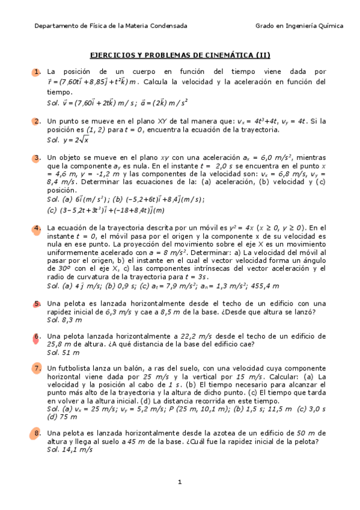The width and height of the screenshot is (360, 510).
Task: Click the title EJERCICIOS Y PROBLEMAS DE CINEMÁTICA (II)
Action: (x=180, y=55)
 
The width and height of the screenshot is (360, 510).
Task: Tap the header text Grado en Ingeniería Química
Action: (x=299, y=26)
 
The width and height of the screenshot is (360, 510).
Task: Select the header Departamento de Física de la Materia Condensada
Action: (x=111, y=26)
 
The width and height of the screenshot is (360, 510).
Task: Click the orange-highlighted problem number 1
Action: (x=37, y=72)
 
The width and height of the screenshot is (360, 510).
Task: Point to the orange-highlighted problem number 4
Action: (x=37, y=228)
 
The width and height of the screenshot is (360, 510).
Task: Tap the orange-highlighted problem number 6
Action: (x=37, y=336)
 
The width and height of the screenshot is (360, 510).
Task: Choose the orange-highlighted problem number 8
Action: (x=37, y=432)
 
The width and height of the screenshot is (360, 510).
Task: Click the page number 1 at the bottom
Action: (x=180, y=482)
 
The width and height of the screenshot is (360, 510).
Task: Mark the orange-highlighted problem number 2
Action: (x=37, y=121)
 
